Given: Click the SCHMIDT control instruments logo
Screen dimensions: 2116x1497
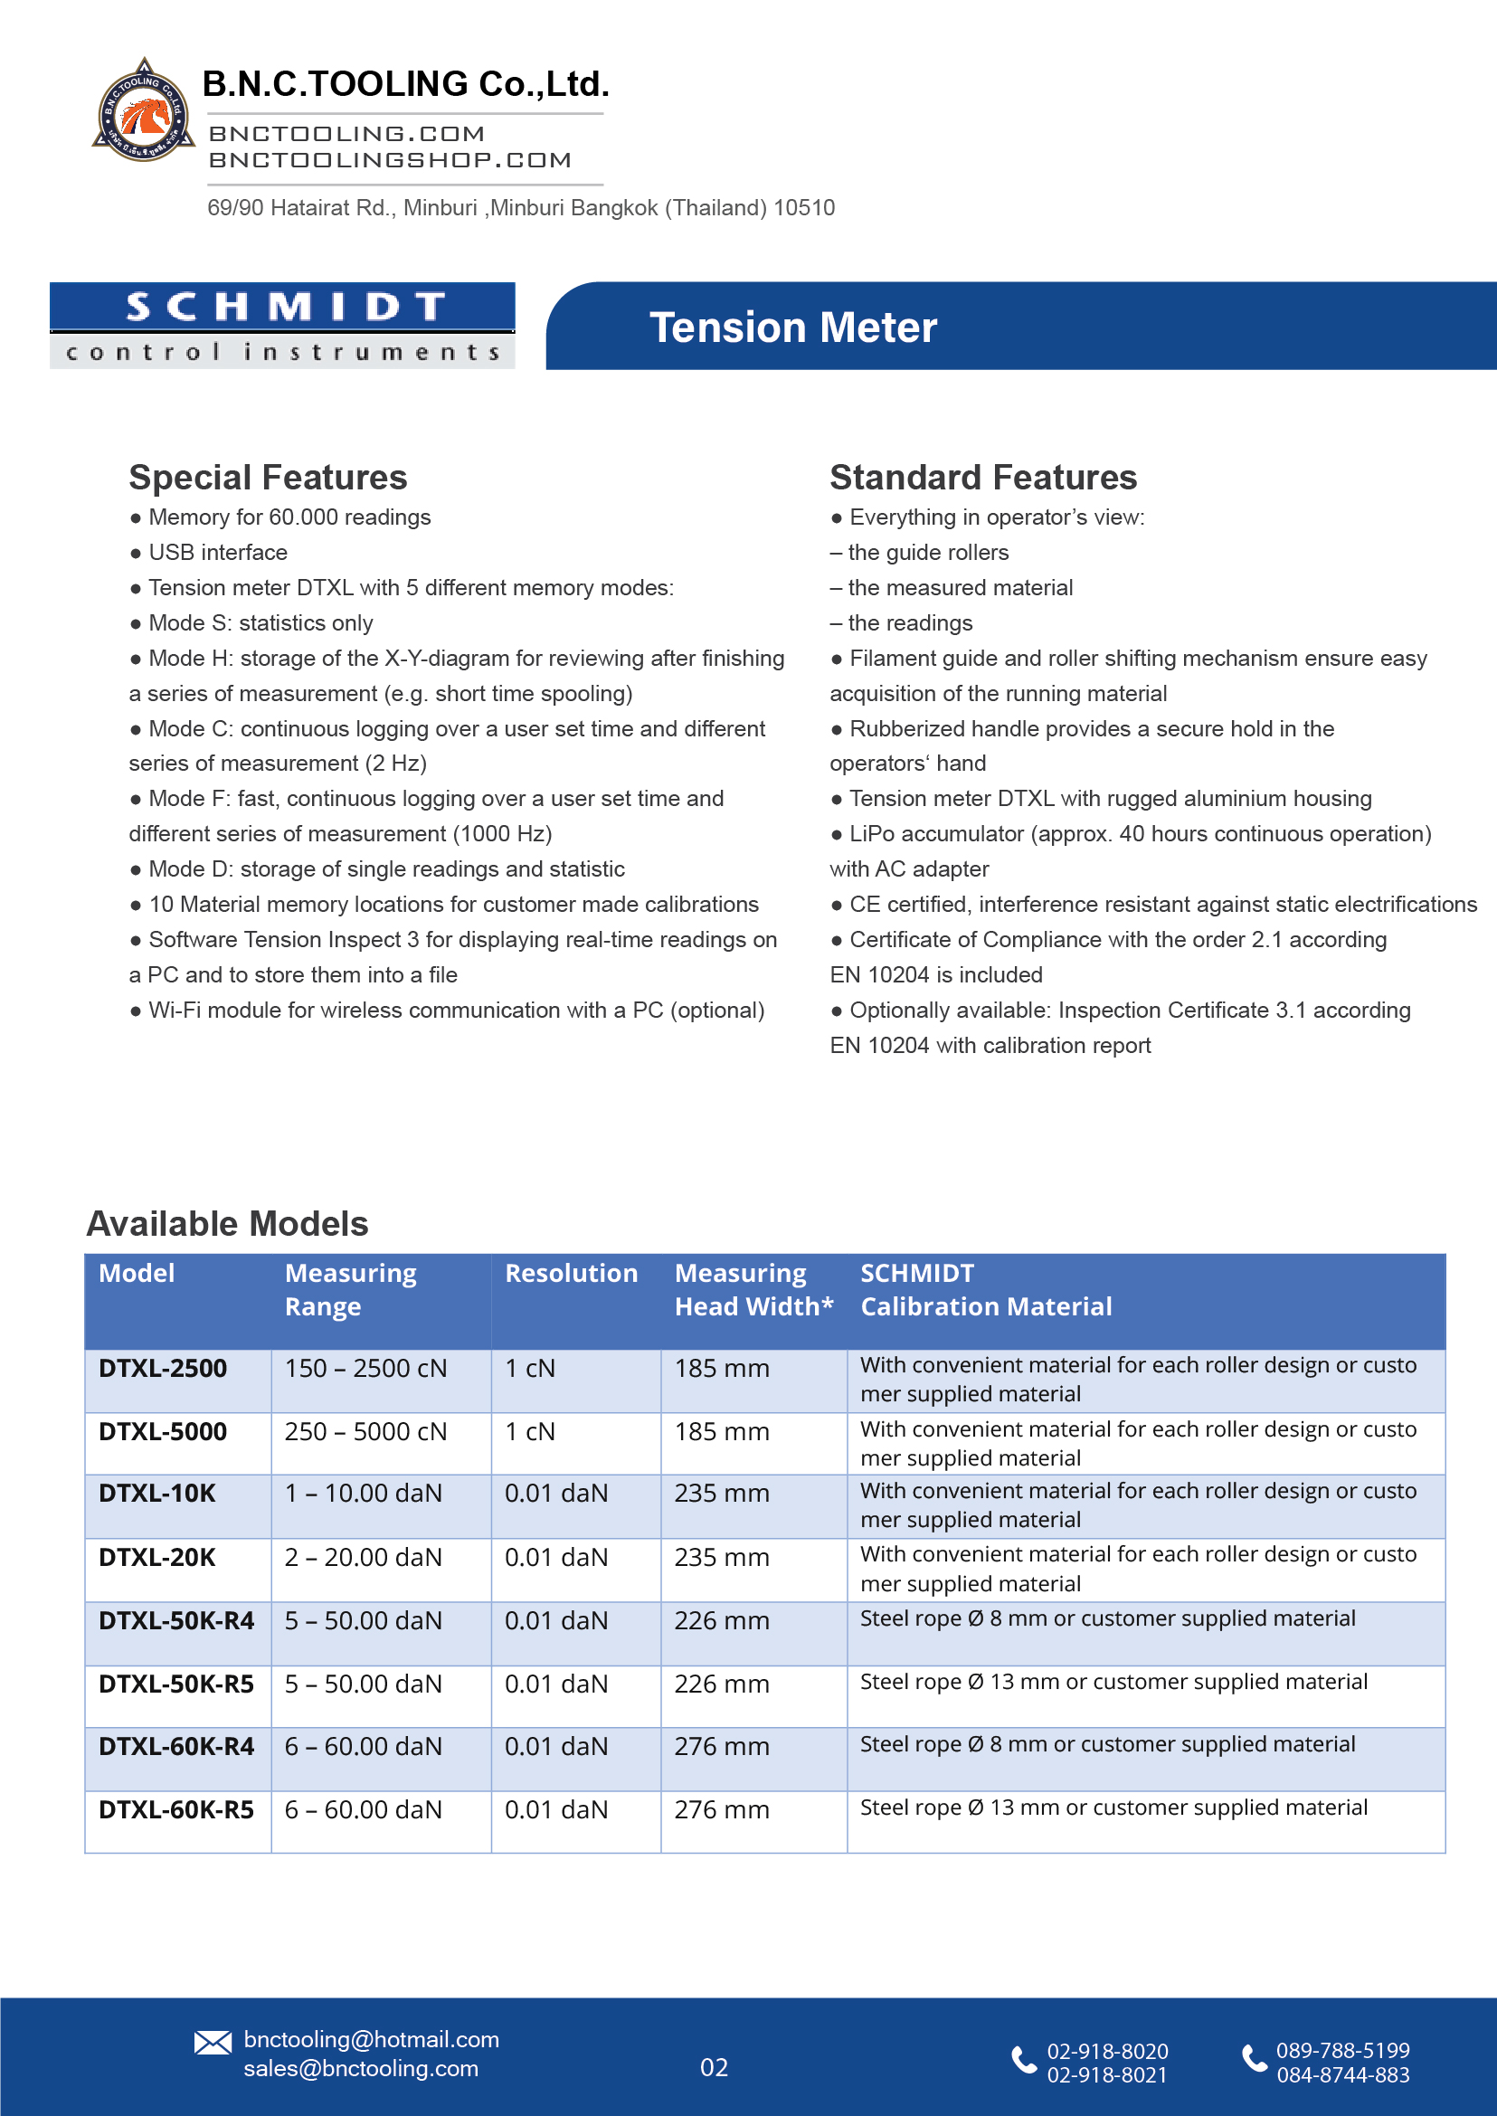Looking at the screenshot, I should (282, 326).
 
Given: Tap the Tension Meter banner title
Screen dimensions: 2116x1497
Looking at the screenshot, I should (792, 327).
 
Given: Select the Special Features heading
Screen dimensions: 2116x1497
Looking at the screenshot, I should (268, 478).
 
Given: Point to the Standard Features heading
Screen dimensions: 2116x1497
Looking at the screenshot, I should (982, 478).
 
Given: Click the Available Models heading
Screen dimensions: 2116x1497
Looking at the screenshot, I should (227, 1223).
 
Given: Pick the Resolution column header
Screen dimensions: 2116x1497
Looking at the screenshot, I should (571, 1273).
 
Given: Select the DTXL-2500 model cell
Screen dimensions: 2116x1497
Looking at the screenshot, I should (163, 1368).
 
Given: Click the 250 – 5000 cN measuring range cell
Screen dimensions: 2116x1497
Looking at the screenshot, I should (365, 1432).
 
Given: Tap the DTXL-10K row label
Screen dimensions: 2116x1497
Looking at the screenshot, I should (156, 1494).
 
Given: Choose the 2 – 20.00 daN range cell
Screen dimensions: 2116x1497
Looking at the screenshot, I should (364, 1557).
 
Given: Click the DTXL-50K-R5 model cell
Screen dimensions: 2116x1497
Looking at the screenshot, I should (176, 1684).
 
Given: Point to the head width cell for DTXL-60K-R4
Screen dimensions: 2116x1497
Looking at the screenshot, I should (721, 1746).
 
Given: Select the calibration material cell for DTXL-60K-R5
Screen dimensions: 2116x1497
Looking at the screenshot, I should (1113, 1808).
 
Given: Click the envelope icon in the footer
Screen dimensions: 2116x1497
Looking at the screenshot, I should (213, 2042).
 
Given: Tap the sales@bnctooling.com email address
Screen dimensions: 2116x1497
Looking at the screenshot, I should (360, 2068).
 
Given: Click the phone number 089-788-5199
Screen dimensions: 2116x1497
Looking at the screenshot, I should (1342, 2051).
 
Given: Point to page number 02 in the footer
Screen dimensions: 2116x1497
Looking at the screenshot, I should (714, 2067).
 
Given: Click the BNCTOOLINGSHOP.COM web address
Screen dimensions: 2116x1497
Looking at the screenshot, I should (390, 160).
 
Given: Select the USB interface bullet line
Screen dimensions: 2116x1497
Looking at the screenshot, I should (218, 552).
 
